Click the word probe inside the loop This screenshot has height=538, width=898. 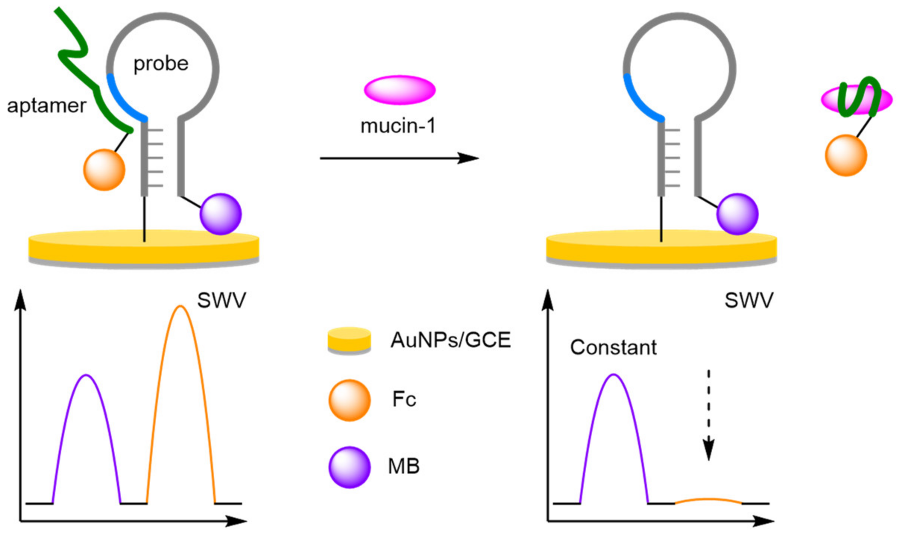pos(161,64)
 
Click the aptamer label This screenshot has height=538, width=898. pos(47,106)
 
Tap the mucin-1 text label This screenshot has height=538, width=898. pos(398,126)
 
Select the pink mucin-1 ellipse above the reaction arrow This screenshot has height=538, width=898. pos(399,90)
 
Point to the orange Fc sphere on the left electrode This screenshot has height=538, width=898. pos(104,170)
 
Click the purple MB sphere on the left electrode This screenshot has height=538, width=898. pos(221,214)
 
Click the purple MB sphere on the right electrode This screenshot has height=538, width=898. pos(737,214)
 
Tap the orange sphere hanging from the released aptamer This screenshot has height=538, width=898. pos(846,155)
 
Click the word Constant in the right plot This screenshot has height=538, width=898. pos(613,347)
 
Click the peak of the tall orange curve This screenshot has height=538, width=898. pos(180,307)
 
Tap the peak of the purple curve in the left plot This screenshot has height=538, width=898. pos(86,375)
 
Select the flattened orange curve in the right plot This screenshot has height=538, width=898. pos(708,499)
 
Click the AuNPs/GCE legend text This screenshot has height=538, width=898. pos(450,340)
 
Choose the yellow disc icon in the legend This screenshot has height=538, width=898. pos(349,340)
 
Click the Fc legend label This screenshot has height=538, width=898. pos(404,399)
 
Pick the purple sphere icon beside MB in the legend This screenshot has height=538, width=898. pos(349,467)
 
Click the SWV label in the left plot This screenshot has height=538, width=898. pos(221,300)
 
